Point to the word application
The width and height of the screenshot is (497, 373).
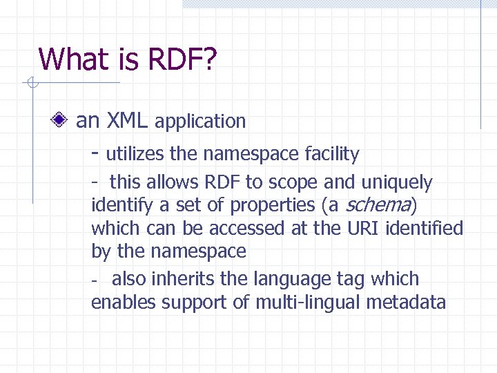pos(200,122)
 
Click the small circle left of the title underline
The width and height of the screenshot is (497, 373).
pos(30,84)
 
